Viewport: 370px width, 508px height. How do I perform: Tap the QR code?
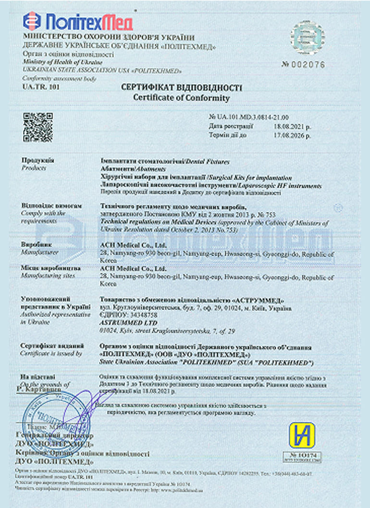(37, 127)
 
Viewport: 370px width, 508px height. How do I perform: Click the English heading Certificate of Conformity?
(182, 98)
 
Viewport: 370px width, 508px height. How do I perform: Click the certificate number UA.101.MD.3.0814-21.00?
(249, 117)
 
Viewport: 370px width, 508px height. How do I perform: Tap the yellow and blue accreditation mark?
(302, 435)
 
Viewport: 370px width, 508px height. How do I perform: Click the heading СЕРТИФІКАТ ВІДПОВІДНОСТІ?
(182, 88)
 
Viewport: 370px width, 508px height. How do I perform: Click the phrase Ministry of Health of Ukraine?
(62, 63)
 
